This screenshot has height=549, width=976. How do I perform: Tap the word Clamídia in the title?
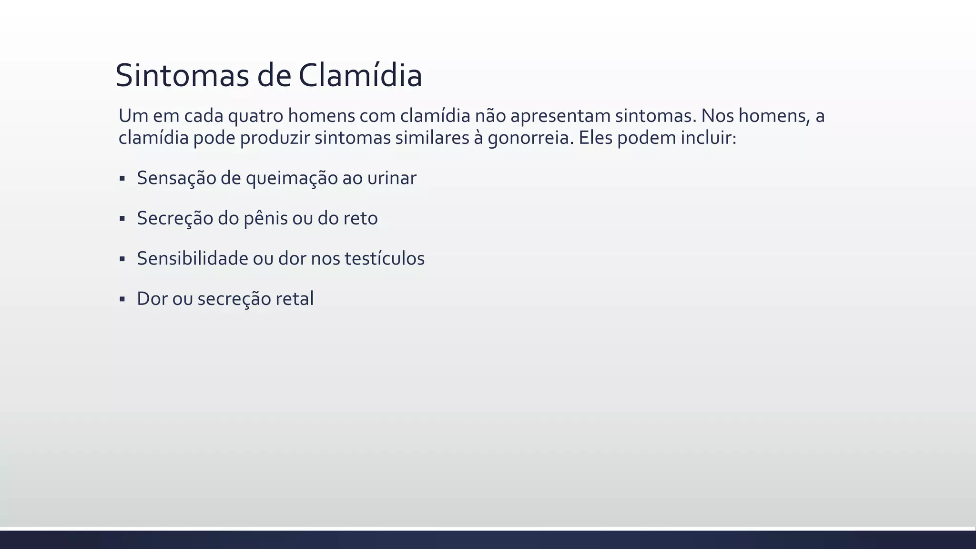click(360, 75)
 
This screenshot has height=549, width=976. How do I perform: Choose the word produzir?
click(274, 138)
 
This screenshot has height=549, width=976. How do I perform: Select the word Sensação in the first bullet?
click(176, 178)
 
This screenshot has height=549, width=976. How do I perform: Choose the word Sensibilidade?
click(193, 258)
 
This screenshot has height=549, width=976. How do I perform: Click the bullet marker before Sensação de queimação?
click(122, 179)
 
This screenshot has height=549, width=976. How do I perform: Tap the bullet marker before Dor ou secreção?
click(122, 299)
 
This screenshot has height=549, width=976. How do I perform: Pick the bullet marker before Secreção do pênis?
click(122, 219)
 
